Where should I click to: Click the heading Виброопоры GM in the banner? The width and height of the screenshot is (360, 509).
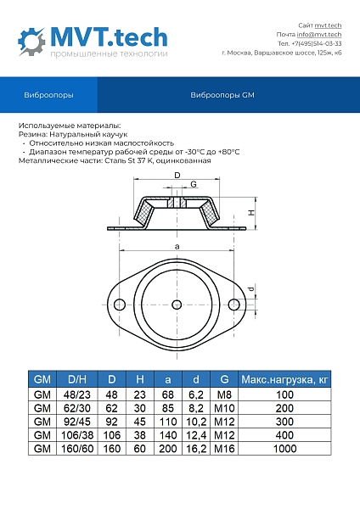click(222, 96)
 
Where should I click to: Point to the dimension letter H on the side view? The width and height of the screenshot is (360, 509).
click(251, 213)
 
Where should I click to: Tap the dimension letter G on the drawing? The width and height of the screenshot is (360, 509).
click(194, 184)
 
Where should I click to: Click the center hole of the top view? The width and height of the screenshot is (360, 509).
click(177, 305)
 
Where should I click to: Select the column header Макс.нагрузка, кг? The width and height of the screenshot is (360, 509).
click(284, 379)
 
